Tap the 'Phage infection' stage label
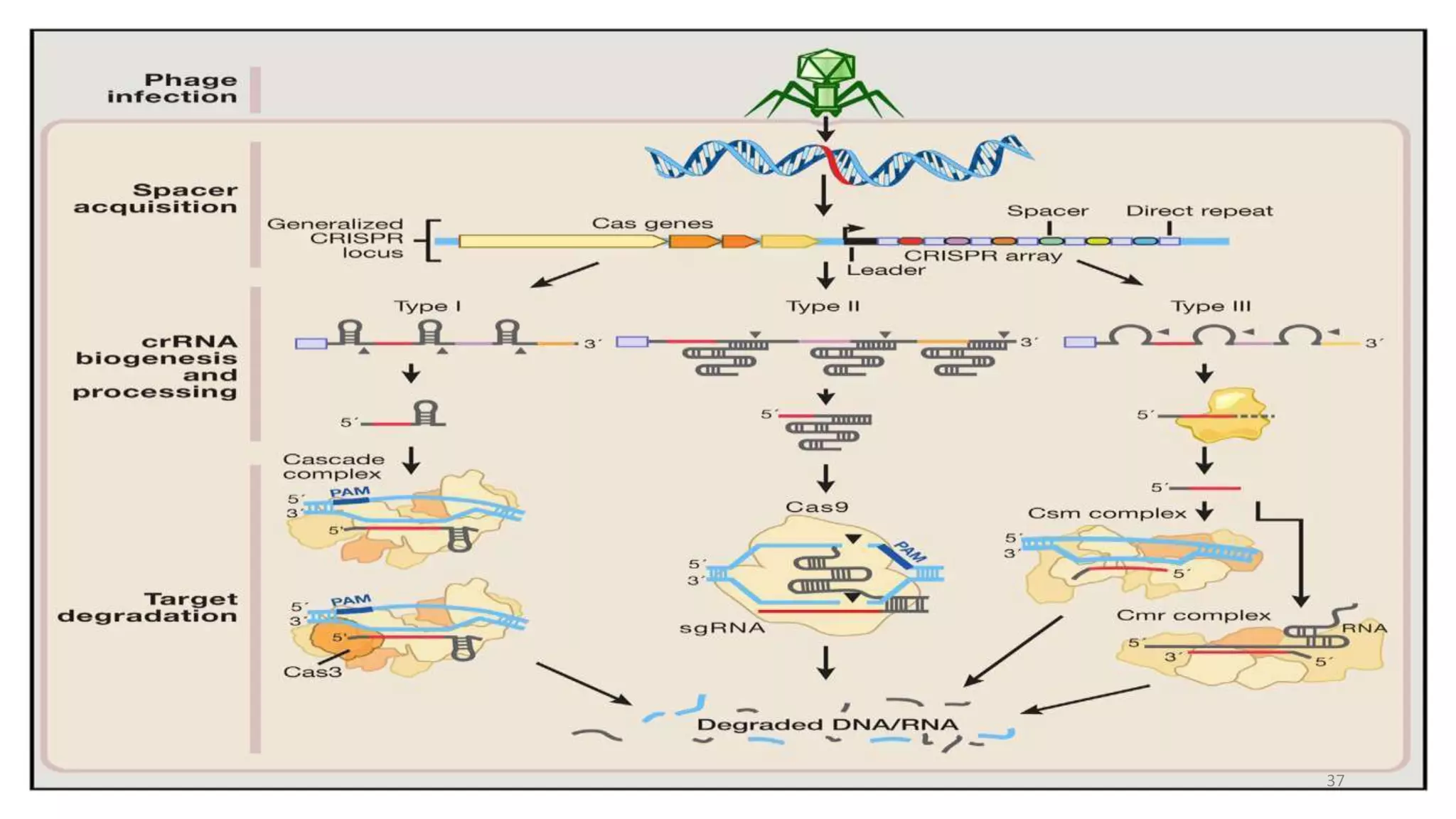click(173, 88)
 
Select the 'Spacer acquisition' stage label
click(156, 198)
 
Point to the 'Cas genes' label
click(652, 223)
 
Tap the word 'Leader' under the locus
click(886, 270)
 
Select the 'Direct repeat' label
click(1199, 210)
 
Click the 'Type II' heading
click(823, 306)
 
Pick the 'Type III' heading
click(1211, 306)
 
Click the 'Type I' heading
click(427, 306)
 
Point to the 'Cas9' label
click(816, 507)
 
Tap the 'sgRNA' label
click(722, 628)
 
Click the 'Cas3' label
click(312, 672)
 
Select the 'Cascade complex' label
click(333, 466)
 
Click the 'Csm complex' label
click(1107, 513)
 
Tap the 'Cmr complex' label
click(1193, 615)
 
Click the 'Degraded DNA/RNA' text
click(828, 724)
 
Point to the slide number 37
click(1335, 781)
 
